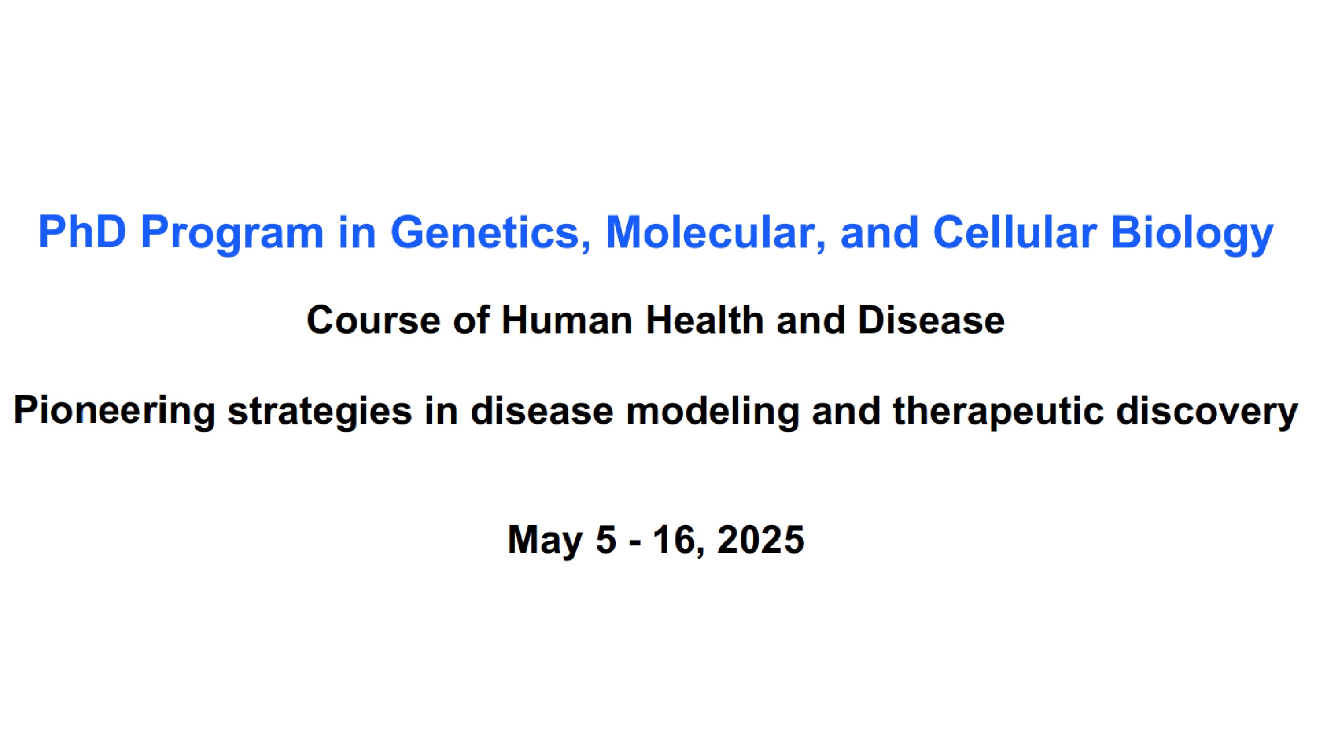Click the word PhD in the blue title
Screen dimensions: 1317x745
[x=82, y=232]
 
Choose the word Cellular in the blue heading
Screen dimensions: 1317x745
[x=1015, y=232]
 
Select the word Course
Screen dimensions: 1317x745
[x=373, y=321]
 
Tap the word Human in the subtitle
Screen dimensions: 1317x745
[x=567, y=320]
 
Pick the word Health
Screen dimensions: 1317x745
[x=705, y=320]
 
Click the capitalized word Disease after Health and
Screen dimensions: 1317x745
[x=931, y=320]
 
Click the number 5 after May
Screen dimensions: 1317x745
[x=606, y=540]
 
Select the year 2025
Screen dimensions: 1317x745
[x=761, y=540]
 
